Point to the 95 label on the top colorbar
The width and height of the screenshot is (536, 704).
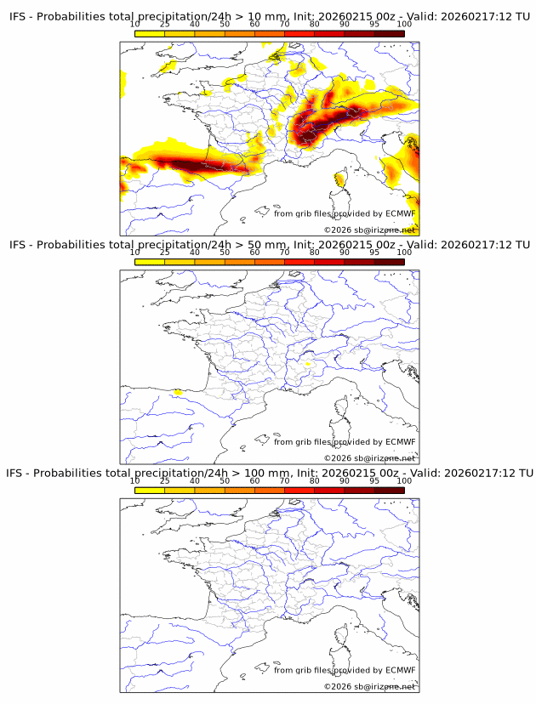(374, 24)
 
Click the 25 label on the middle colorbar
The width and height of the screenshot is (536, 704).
(165, 253)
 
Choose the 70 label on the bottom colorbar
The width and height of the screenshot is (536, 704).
(284, 480)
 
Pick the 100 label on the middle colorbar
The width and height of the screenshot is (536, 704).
(404, 253)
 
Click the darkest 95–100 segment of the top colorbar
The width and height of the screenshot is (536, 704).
(389, 33)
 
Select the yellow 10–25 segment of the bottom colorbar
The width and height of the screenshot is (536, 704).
(150, 491)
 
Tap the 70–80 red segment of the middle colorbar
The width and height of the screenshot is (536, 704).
(299, 262)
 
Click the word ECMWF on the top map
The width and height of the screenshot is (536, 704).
(400, 213)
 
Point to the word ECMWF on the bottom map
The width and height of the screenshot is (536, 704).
(400, 670)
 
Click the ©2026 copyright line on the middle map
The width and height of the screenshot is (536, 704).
(369, 458)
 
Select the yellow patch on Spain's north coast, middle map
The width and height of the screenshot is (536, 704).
(177, 393)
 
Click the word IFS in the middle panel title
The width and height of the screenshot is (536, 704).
(18, 245)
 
